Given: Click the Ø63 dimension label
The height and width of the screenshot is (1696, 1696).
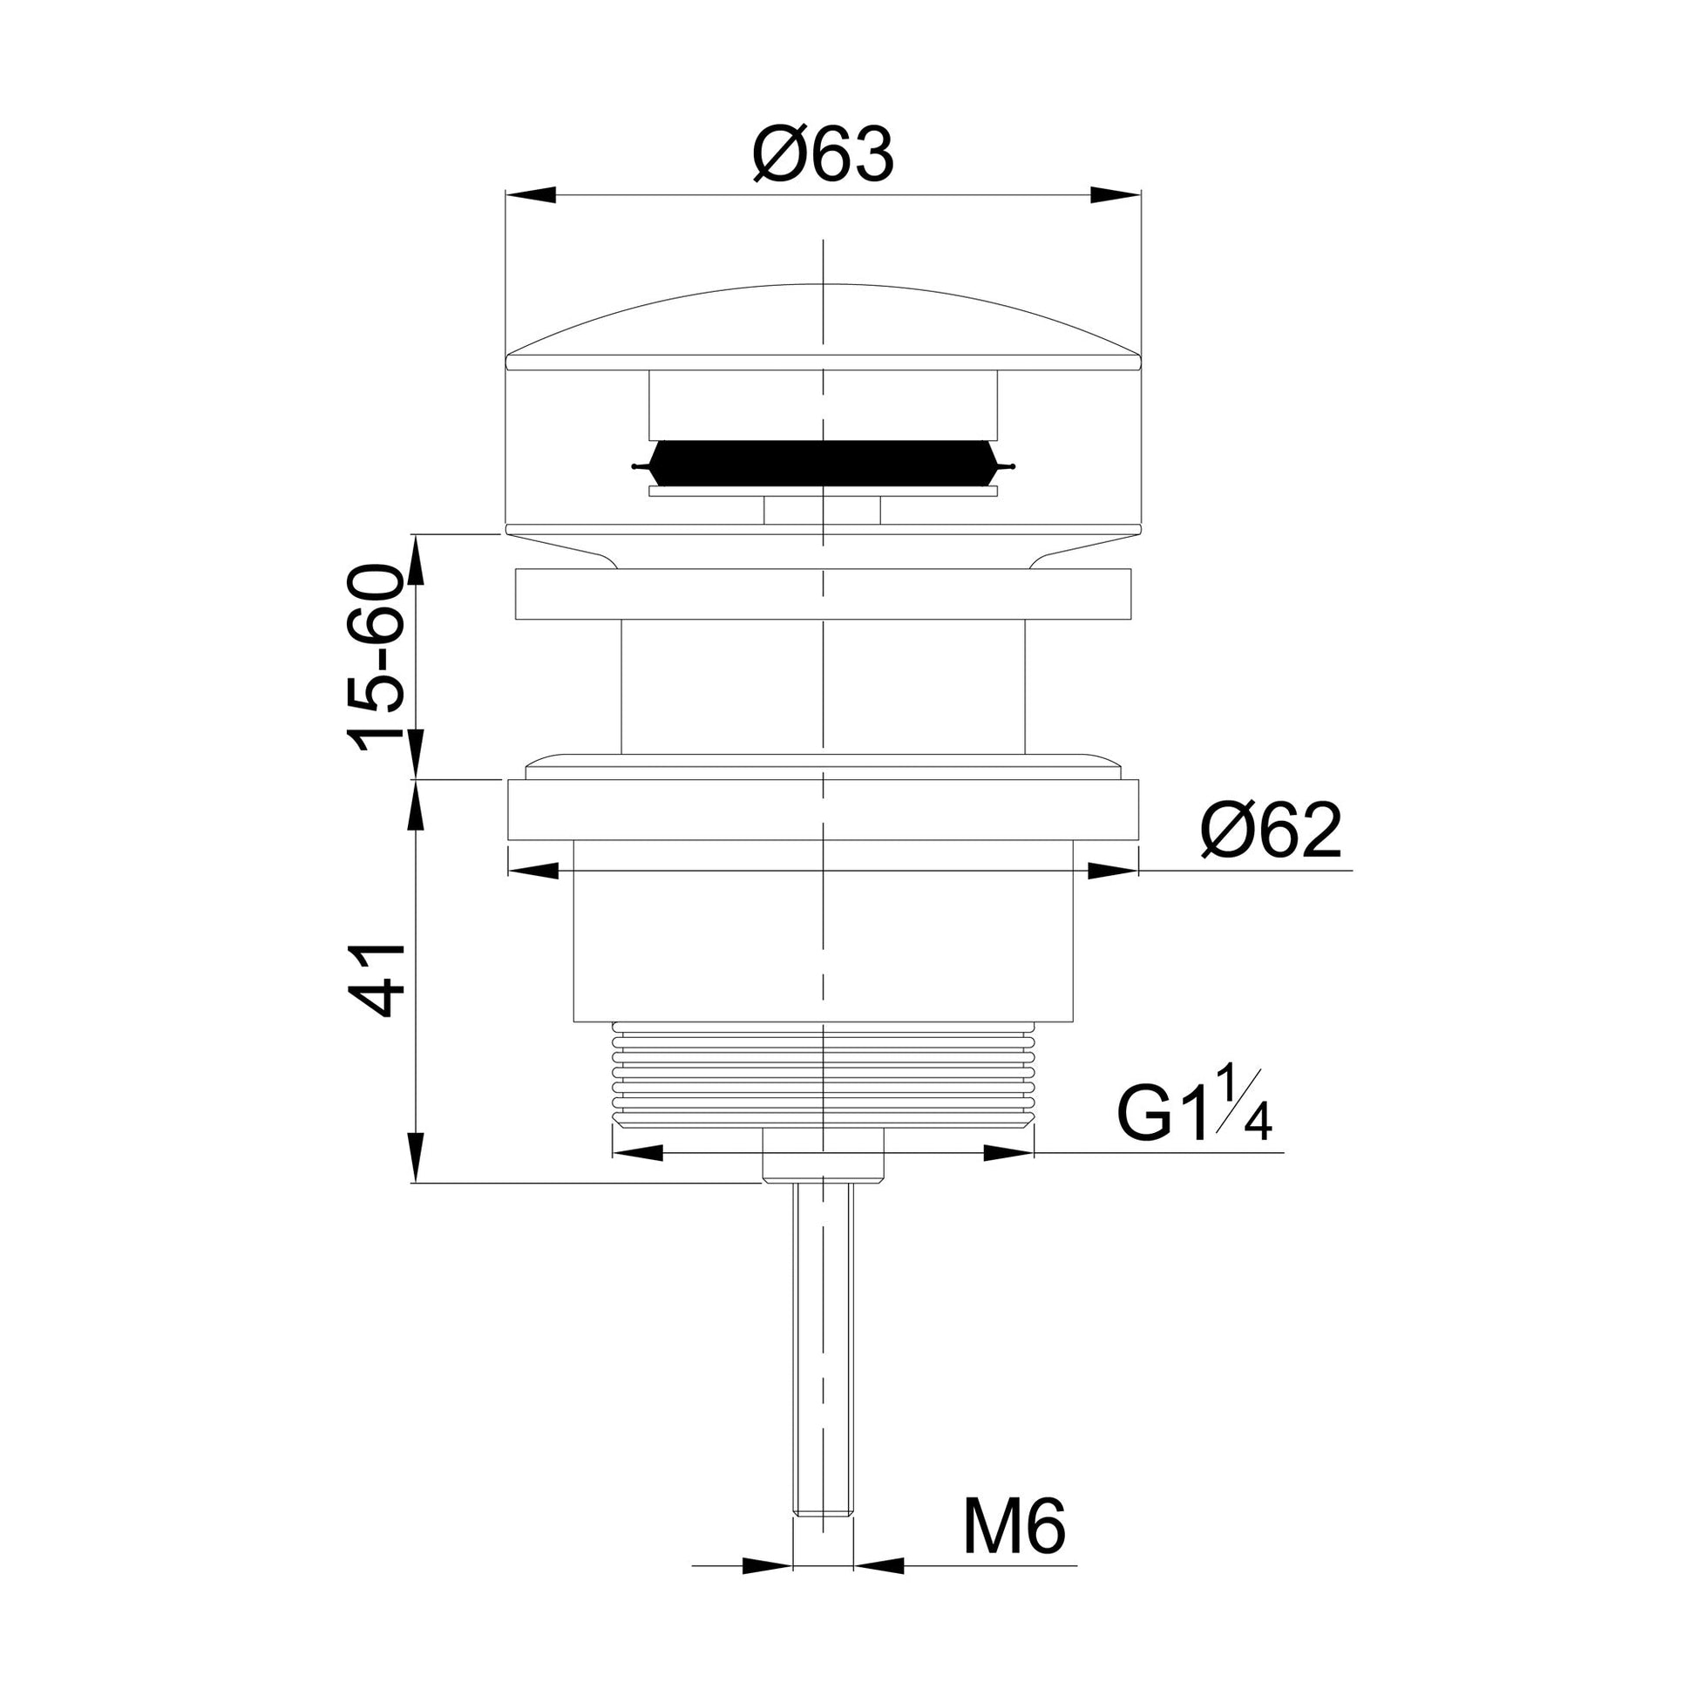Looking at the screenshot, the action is [x=823, y=154].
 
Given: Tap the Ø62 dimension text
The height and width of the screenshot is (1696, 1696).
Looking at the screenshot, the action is [x=1271, y=830].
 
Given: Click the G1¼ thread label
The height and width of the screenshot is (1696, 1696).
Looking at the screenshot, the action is [x=1195, y=1103].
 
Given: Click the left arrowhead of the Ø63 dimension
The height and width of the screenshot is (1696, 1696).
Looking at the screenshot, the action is [x=532, y=195].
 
